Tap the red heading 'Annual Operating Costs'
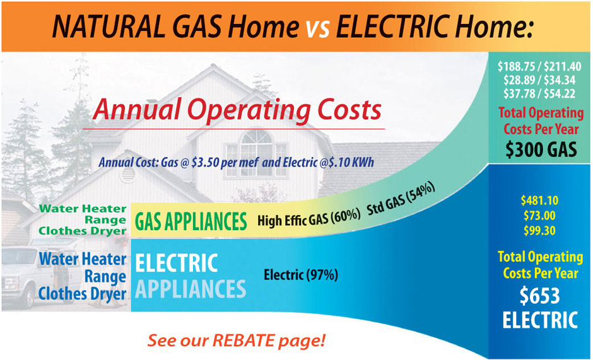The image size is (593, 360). (237, 110)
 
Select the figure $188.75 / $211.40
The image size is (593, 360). (539, 67)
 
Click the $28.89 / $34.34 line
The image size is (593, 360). (539, 80)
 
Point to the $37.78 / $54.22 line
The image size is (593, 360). (539, 93)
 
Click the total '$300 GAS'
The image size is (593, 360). (541, 149)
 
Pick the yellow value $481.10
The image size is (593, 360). (539, 200)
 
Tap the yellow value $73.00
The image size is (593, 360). (539, 216)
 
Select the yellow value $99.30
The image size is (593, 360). (539, 230)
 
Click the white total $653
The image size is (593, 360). (539, 296)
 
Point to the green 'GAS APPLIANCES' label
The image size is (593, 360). (191, 221)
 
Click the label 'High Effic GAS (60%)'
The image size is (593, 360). (309, 218)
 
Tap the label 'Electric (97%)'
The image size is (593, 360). (301, 275)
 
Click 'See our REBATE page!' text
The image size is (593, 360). (237, 340)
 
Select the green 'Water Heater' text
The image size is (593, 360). (83, 209)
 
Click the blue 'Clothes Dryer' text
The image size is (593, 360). (82, 294)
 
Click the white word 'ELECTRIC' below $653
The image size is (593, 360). (540, 320)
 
